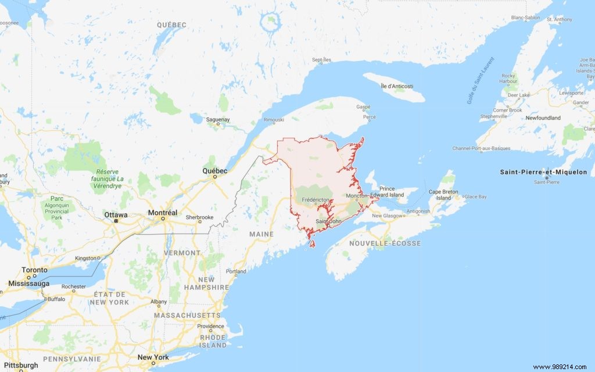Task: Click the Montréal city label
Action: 162,213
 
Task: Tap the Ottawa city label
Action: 116,214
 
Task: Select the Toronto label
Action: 34,270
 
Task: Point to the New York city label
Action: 153,357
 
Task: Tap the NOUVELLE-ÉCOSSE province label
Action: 385,244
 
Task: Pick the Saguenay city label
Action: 218,120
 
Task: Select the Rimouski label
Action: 274,120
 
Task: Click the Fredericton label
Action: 316,200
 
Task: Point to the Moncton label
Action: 356,196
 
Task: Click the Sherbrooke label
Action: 200,217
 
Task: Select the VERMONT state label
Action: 182,253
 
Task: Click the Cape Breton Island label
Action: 443,195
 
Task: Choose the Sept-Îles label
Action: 321,60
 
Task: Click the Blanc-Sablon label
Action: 525,17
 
